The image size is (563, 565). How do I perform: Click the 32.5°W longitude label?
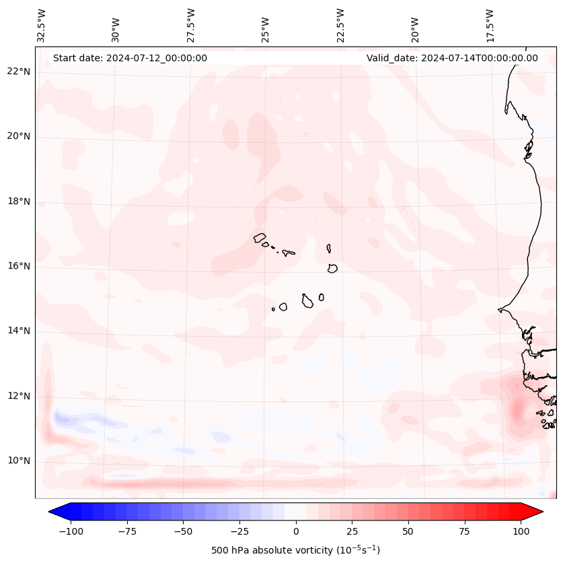coord(42,25)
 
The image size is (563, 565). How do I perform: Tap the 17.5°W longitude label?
coord(490,25)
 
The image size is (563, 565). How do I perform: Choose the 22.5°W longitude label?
coord(340,25)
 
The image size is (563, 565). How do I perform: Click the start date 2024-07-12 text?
coord(130,58)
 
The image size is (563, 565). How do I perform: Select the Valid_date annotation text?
coord(452,58)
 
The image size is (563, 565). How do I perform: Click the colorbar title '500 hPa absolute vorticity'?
coord(295,550)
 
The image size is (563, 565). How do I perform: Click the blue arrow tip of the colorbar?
coord(53,512)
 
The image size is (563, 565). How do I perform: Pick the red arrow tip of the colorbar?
coord(538,512)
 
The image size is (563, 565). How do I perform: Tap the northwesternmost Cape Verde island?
coord(260,237)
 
